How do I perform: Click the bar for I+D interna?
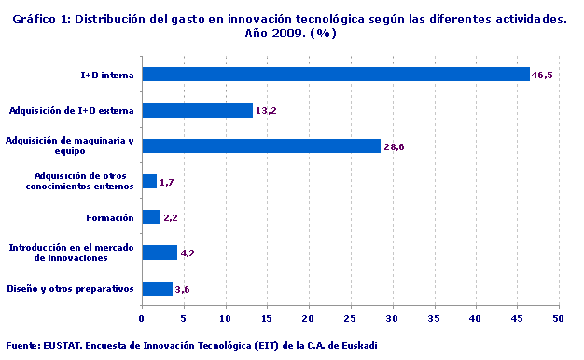click(x=336, y=75)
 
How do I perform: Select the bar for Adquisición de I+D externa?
click(x=197, y=110)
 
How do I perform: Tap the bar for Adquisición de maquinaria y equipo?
click(x=261, y=145)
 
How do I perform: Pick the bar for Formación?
click(x=151, y=217)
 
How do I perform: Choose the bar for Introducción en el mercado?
click(x=160, y=253)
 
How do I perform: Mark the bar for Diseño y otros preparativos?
click(x=157, y=288)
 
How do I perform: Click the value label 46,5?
click(x=542, y=76)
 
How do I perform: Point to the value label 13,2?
click(x=265, y=111)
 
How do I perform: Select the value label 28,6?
click(x=393, y=146)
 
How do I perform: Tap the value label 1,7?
click(x=167, y=183)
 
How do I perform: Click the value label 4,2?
click(x=187, y=254)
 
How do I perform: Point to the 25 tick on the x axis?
click(x=351, y=318)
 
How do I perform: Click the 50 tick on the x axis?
click(x=559, y=318)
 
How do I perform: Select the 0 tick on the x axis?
click(x=142, y=318)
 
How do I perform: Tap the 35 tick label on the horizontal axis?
click(x=434, y=318)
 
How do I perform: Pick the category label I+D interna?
click(x=107, y=75)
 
